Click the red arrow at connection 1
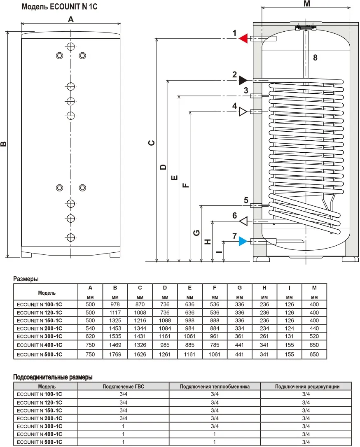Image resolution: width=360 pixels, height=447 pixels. pyautogui.click(x=243, y=39)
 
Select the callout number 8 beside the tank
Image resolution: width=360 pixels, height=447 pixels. pyautogui.click(x=315, y=58)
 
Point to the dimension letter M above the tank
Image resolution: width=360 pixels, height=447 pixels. pyautogui.click(x=306, y=5)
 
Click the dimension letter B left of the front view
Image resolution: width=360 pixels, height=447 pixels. pyautogui.click(x=4, y=144)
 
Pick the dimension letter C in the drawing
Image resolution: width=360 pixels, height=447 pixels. pyautogui.click(x=152, y=143)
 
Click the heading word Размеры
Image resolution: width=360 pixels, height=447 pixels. pyautogui.click(x=26, y=279)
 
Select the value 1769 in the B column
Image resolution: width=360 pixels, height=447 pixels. pyautogui.click(x=115, y=354)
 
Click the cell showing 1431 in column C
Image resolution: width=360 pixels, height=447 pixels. pyautogui.click(x=140, y=336)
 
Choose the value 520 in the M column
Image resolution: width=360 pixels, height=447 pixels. pyautogui.click(x=314, y=336)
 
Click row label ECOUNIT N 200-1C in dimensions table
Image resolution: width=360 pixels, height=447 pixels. pyautogui.click(x=40, y=328)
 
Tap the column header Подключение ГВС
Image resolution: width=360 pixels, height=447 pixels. pyautogui.click(x=123, y=386)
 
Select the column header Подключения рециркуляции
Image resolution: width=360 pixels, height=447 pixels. pyautogui.click(x=307, y=386)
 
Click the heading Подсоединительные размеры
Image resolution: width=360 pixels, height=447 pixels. pyautogui.click(x=53, y=377)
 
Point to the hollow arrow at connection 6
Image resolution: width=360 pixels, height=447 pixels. pyautogui.click(x=243, y=221)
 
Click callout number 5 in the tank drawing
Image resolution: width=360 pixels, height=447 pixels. pyautogui.click(x=246, y=200)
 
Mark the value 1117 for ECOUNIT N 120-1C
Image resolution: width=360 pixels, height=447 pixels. pyautogui.click(x=115, y=313)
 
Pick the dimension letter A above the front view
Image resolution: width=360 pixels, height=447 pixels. pyautogui.click(x=71, y=19)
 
